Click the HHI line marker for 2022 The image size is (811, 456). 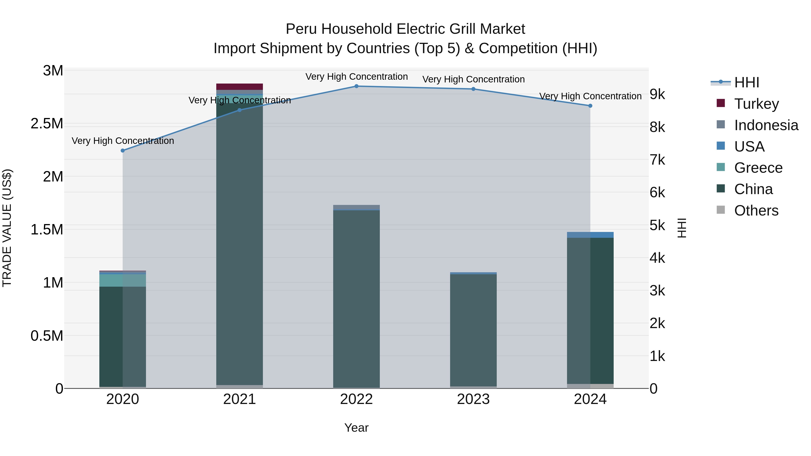point(356,86)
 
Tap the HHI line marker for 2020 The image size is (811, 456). point(123,151)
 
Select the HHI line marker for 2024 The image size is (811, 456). point(590,106)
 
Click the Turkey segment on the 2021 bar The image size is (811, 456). point(240,87)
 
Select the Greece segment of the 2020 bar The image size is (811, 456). point(123,280)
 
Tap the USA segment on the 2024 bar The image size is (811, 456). point(590,235)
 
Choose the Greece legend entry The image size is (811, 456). point(758,168)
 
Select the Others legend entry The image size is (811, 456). point(756,211)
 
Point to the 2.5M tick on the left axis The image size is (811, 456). point(47,124)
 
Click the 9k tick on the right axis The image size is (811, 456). point(657,94)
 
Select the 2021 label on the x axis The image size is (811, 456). point(240,399)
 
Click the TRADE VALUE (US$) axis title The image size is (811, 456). point(7,228)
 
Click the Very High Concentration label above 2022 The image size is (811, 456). point(356,77)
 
